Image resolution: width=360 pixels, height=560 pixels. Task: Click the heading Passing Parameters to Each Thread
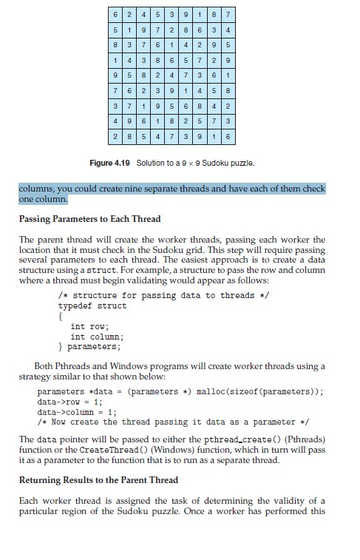(89, 219)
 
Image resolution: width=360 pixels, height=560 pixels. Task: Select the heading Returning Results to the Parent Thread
(98, 480)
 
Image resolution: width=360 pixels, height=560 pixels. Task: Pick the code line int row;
(89, 325)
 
